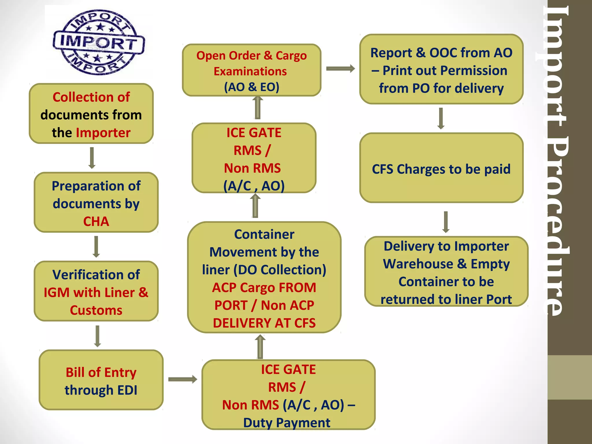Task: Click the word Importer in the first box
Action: point(103,133)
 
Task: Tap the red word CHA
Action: point(96,222)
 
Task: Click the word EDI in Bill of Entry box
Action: point(127,390)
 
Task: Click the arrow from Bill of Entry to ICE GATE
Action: point(182,379)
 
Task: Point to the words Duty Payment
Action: point(286,423)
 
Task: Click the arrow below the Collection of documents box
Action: point(92,158)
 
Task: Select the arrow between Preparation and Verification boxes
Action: point(96,247)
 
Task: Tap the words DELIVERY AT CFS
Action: point(264,323)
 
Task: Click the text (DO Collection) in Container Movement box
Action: point(280,270)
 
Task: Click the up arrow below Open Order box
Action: point(258,108)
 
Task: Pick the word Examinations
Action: point(250,71)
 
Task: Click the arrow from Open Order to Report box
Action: point(340,69)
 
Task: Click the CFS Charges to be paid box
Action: point(441,169)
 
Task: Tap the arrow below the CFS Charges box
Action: point(446,222)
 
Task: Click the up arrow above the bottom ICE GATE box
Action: point(260,347)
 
